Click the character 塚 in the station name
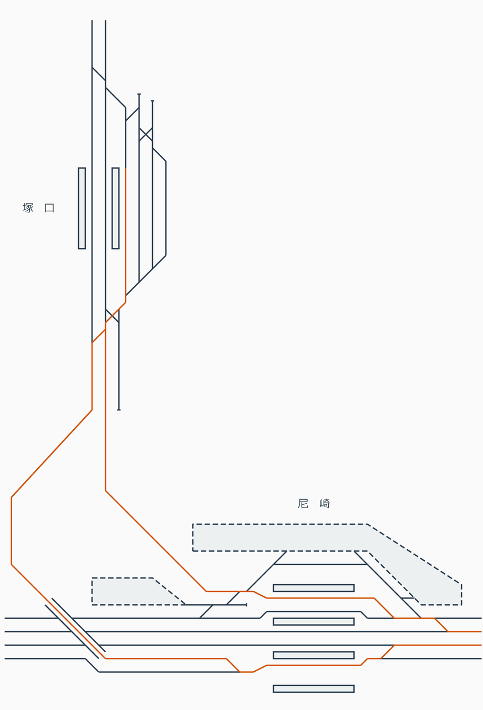point(28,208)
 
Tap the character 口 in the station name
point(49,208)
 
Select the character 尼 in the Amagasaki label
point(303,504)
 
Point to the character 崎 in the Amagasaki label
point(325,504)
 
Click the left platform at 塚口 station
point(82,208)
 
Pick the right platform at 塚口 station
point(115,208)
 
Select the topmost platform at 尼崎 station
point(313,588)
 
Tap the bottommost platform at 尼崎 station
point(313,689)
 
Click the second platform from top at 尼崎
point(313,621)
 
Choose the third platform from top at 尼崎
point(313,655)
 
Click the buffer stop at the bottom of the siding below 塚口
point(119,410)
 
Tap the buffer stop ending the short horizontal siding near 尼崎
point(246,605)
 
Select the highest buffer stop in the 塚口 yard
point(139,94)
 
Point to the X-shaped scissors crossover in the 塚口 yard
point(146,134)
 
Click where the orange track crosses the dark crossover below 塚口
point(112,316)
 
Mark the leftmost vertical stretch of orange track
point(12,531)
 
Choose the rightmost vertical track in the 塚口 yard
point(166,208)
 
